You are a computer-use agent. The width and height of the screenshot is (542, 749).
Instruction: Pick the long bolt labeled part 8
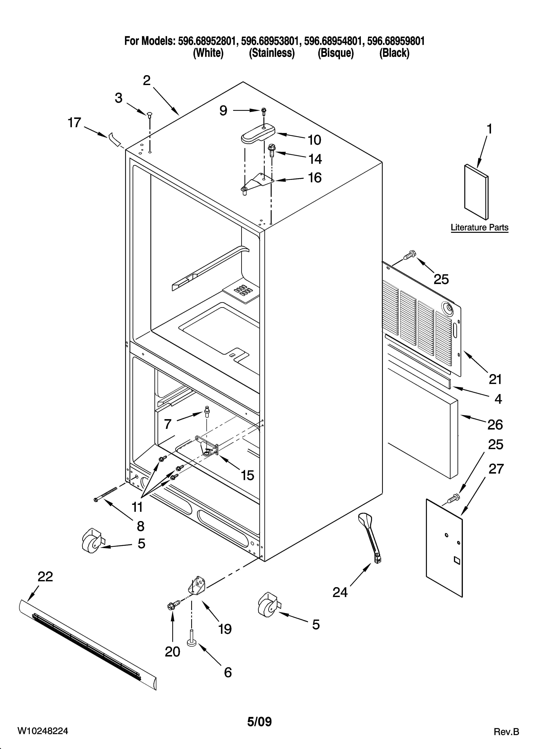click(x=106, y=494)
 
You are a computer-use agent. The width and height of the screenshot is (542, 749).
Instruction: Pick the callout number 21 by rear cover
click(x=495, y=379)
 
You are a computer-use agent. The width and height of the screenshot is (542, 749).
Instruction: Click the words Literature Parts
click(x=479, y=227)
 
